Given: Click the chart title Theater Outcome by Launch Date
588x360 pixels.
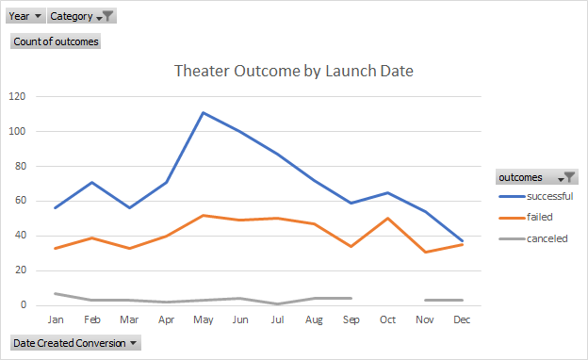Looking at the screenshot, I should pyautogui.click(x=294, y=71).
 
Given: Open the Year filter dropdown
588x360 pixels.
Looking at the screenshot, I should pyautogui.click(x=25, y=16).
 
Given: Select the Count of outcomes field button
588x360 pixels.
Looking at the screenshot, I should pyautogui.click(x=56, y=41).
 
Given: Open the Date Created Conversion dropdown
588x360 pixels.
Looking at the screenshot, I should pyautogui.click(x=74, y=343).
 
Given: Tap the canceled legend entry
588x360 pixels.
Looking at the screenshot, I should pyautogui.click(x=533, y=238).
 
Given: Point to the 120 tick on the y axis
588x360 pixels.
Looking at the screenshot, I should pyautogui.click(x=17, y=96).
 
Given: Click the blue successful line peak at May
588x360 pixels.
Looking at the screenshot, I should pyautogui.click(x=203, y=112).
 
